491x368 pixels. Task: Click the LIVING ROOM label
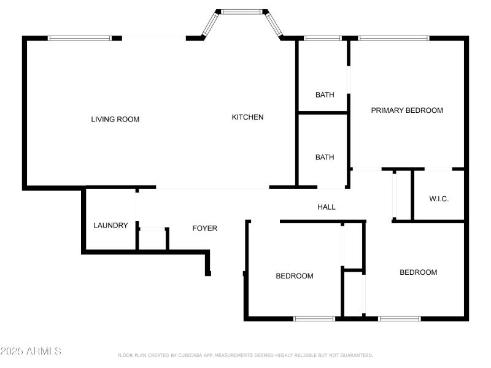click(x=115, y=120)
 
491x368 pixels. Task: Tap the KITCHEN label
click(x=247, y=117)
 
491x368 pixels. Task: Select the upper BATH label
click(x=325, y=95)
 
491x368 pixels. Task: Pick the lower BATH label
click(x=325, y=158)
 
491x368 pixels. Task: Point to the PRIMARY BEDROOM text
click(x=407, y=110)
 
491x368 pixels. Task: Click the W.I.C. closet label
click(x=439, y=199)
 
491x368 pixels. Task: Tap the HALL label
click(x=327, y=207)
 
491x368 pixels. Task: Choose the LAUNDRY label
click(x=110, y=226)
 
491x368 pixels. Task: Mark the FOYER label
click(x=205, y=228)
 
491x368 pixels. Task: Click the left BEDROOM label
click(x=295, y=276)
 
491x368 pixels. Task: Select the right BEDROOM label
click(x=419, y=272)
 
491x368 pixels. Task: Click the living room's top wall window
click(x=80, y=38)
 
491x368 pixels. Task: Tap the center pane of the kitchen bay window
click(x=241, y=11)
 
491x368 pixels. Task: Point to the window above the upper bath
click(x=323, y=38)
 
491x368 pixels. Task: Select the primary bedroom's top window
click(x=393, y=38)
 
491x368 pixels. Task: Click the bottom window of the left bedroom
click(x=314, y=318)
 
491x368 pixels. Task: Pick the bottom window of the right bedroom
click(x=400, y=318)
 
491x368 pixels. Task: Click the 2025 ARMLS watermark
click(x=31, y=351)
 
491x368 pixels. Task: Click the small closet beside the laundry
click(x=152, y=239)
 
